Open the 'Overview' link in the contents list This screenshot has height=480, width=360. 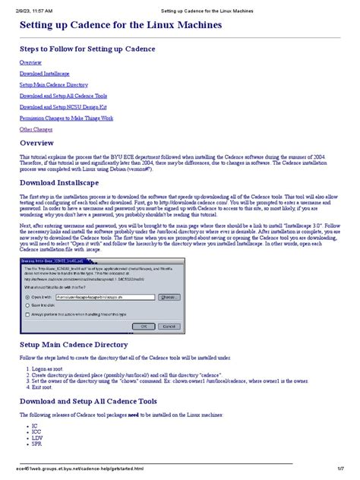[31, 62]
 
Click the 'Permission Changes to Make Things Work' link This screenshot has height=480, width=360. [67, 118]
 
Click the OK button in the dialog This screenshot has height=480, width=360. [138, 325]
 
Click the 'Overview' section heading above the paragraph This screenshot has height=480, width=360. [42, 143]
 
